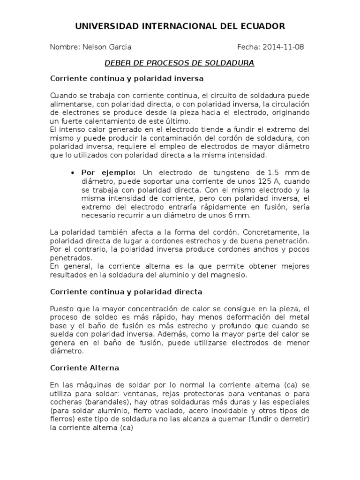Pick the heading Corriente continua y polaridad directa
tap(126, 292)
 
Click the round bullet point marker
tap(73, 172)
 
